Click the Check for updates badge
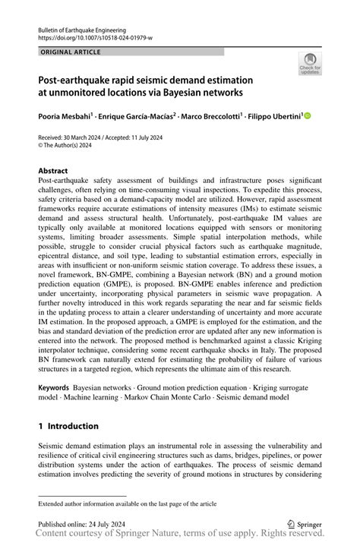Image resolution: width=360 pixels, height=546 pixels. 311,65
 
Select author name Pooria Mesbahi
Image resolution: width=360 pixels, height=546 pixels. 66,116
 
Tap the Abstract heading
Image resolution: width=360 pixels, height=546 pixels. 53,171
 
